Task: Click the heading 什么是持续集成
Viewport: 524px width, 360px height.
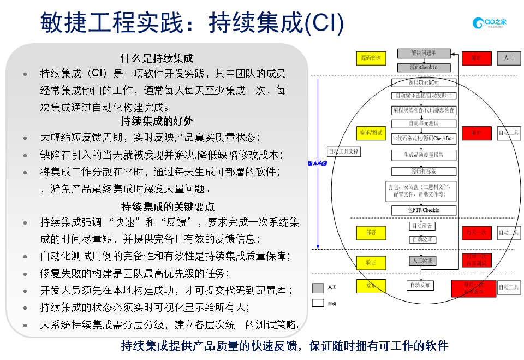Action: (157, 58)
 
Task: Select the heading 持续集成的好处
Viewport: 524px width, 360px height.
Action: (157, 121)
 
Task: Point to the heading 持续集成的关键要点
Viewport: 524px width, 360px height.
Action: (167, 206)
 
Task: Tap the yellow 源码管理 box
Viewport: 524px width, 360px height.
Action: (371, 57)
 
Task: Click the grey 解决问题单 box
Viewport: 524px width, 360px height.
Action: (424, 53)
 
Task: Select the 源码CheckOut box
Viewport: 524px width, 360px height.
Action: (424, 82)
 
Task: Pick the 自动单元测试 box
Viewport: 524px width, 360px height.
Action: (424, 124)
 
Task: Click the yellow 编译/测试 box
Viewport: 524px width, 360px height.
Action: (371, 133)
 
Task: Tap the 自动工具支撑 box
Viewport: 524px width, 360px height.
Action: (344, 151)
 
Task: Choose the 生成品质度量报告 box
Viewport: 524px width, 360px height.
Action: (424, 155)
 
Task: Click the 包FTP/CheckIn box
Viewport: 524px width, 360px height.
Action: (424, 210)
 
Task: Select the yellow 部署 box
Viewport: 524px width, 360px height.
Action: (371, 233)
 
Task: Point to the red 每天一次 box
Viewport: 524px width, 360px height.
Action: (477, 233)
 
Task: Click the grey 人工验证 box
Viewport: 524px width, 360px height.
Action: (422, 261)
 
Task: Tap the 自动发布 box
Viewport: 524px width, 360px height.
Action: (420, 285)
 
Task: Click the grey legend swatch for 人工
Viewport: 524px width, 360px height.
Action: (318, 287)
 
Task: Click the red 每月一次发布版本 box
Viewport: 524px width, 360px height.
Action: (474, 288)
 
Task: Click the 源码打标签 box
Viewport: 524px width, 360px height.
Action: (424, 171)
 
